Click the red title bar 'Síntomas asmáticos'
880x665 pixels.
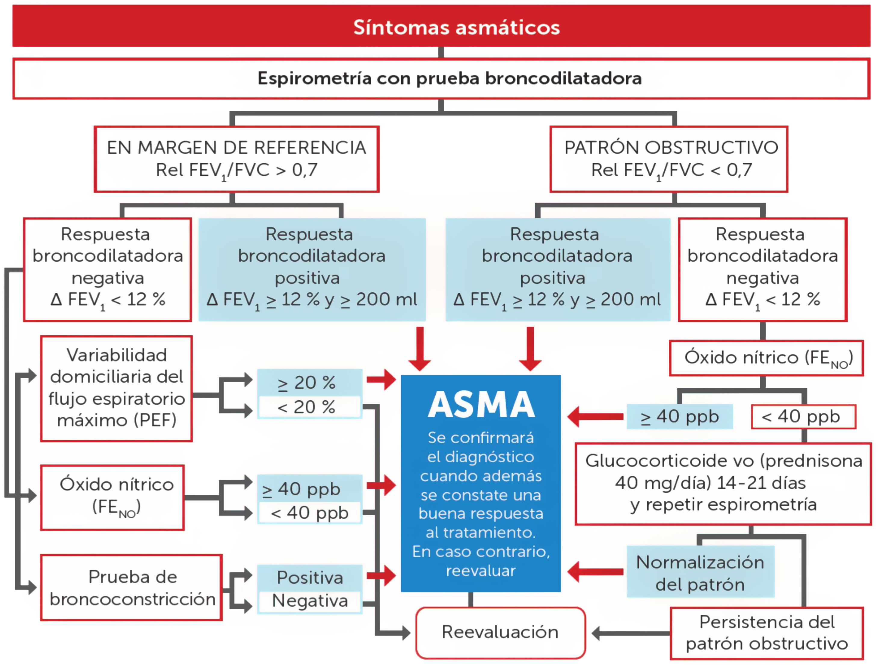pos(441,26)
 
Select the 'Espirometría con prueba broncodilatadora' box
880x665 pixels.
pos(441,79)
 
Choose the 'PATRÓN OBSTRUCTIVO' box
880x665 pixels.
pos(668,159)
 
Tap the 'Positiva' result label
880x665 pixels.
pos(310,577)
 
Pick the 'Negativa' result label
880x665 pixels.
pos(310,601)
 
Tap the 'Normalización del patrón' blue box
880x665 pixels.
pos(700,572)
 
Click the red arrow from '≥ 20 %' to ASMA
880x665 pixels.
pos(381,380)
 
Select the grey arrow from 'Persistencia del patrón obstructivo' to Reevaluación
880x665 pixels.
pos(630,633)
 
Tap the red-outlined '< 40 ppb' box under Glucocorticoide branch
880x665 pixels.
pos(803,417)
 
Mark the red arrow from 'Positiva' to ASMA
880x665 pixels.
pos(381,575)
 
